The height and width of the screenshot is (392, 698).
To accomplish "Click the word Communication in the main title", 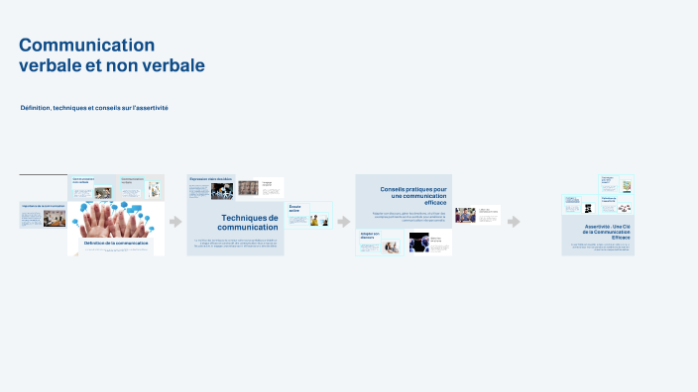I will (87, 45).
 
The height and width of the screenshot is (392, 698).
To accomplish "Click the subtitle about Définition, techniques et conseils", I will (94, 107).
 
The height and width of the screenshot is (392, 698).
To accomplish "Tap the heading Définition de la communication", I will (116, 243).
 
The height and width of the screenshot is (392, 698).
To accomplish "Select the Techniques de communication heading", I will (249, 223).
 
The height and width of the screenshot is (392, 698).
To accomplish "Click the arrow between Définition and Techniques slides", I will (175, 222).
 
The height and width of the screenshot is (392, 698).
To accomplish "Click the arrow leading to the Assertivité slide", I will (514, 222).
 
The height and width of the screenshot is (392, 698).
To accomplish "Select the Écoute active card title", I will (294, 209).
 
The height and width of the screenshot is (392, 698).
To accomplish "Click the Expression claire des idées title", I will (211, 179).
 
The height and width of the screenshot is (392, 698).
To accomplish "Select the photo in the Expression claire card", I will (222, 191).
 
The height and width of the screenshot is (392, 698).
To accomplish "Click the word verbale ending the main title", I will (173, 65).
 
